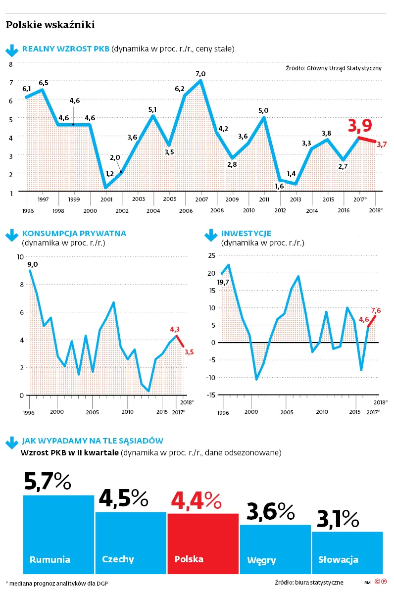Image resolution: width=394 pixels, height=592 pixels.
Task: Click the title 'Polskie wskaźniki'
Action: (x=50, y=25)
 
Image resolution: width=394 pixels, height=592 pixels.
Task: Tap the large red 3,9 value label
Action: (x=360, y=126)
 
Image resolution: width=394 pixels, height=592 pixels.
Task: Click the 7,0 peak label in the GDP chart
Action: (x=200, y=74)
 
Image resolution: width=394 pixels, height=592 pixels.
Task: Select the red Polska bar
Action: (x=203, y=543)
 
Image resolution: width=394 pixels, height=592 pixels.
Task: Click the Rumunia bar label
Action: (x=50, y=560)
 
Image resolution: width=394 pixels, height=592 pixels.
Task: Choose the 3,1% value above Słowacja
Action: (x=338, y=519)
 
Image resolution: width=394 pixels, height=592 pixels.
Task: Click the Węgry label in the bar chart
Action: (x=261, y=560)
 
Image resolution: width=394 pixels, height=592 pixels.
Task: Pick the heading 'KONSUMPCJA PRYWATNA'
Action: (x=74, y=233)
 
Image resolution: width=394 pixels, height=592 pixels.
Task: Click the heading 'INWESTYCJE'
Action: (x=246, y=233)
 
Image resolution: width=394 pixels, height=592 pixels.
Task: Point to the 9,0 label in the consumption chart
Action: (x=33, y=264)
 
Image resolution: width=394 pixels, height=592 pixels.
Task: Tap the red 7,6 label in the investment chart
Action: (x=376, y=310)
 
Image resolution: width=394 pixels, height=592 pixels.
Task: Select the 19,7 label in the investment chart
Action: (x=223, y=282)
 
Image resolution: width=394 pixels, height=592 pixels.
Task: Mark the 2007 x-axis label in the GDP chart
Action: (x=201, y=199)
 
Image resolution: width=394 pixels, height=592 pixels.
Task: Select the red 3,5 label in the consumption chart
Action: (x=189, y=352)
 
